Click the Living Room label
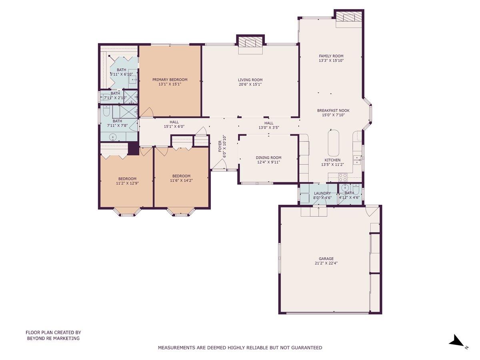click(250, 80)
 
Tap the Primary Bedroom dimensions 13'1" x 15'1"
click(170, 84)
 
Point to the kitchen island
click(334, 143)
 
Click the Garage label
click(326, 258)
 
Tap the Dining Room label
click(268, 158)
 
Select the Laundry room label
click(322, 193)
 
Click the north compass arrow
click(456, 342)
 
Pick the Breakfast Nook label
click(333, 110)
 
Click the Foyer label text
click(220, 146)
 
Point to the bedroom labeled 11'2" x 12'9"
click(127, 181)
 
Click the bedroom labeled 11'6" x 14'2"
click(181, 178)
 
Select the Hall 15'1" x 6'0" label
click(174, 124)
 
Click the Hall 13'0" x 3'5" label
click(268, 125)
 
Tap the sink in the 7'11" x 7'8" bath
click(113, 137)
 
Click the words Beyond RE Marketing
click(53, 338)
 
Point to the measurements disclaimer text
click(240, 348)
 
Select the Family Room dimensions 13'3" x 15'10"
click(331, 61)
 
